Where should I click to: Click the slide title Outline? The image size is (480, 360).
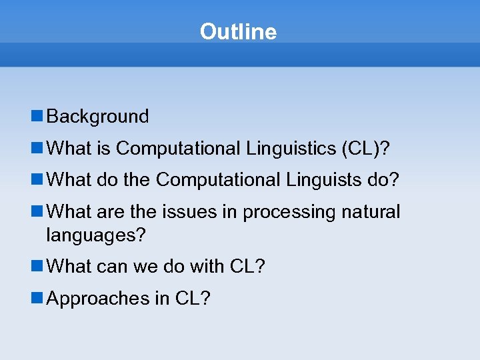coord(238,31)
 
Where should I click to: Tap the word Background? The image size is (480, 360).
coord(98,117)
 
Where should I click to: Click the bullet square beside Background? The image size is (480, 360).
coord(37,117)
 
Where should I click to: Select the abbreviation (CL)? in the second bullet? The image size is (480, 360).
coord(365,149)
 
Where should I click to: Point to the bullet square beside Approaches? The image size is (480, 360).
coord(37,298)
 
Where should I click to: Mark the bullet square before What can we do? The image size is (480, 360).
coord(37,266)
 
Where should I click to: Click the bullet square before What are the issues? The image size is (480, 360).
coord(37,211)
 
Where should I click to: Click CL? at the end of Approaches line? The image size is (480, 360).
coord(193,299)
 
